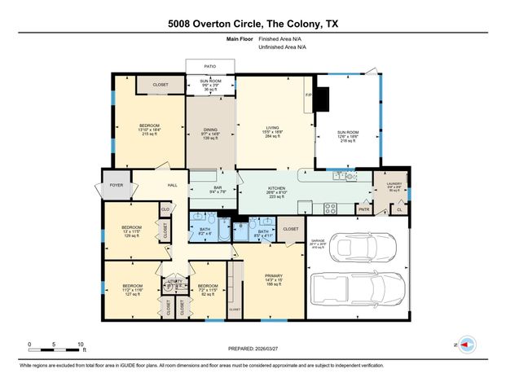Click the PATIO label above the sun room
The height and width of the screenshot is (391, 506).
click(210, 68)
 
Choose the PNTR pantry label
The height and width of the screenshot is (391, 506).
click(363, 209)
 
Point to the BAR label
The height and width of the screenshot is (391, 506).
click(218, 188)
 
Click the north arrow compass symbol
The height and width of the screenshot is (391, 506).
click(467, 345)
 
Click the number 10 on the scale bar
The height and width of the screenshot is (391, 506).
click(80, 344)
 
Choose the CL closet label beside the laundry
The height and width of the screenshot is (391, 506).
click(399, 209)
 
